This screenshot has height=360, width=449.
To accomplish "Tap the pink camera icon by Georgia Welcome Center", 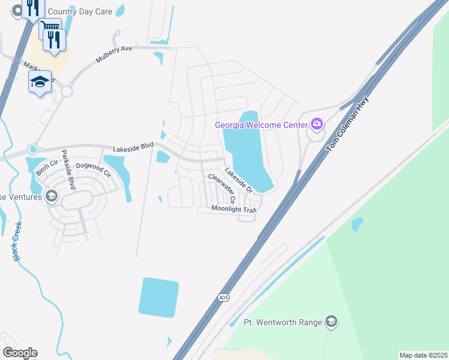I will coord(316,125).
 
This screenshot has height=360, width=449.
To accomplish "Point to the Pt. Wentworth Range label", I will coord(282,322).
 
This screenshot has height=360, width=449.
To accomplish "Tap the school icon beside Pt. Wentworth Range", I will coord(330,322).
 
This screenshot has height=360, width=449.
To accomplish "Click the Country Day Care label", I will coord(79,11).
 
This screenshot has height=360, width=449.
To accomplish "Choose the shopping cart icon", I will coord(50,26).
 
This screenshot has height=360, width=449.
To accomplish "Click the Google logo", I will coord(20,353).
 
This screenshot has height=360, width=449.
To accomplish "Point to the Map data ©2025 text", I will coord(423,355).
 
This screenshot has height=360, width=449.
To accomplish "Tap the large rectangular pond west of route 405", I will coord(159,298).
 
